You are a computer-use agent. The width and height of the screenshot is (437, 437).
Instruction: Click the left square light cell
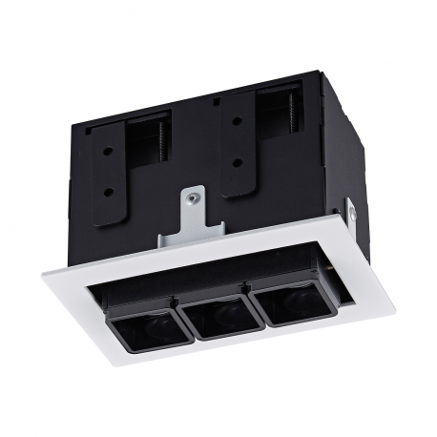click(143, 329)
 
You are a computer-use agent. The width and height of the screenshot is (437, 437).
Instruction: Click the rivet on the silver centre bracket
click(193, 199)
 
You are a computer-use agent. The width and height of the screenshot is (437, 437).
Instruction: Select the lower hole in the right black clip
click(236, 162)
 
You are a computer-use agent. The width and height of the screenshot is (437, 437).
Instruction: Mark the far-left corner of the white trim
click(42, 274)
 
